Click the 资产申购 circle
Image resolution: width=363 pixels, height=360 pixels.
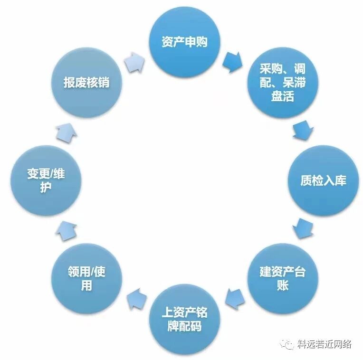184,42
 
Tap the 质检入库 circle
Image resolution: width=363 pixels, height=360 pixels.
323,180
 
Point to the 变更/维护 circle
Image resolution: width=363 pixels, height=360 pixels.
46,180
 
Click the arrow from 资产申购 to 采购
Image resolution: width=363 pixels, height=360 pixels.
232,61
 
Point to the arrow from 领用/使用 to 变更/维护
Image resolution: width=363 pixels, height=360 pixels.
66,230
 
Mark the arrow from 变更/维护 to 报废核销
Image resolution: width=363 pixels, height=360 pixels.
66,132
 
